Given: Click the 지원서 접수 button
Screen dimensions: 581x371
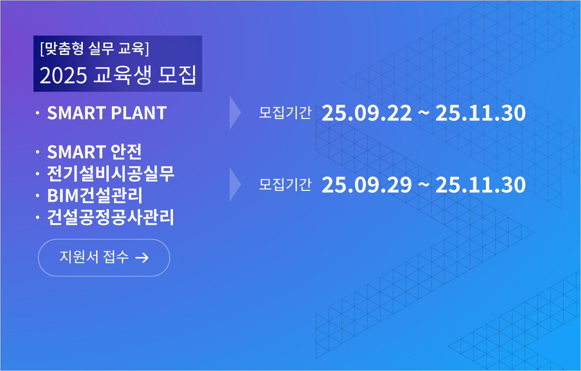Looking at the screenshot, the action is pos(104,258).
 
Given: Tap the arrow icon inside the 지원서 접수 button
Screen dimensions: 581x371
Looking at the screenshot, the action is pos(142,258).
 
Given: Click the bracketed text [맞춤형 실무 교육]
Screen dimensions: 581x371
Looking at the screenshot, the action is pos(95,49).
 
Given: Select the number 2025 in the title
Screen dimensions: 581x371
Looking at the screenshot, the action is pos(63,76).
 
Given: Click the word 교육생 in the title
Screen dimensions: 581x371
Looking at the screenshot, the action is pos(122,75).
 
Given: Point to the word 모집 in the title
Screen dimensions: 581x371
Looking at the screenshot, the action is pos(177,75).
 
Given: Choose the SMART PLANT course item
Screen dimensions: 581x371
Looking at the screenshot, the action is pos(107,113).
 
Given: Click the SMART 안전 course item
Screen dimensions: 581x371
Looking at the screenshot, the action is pos(94,152).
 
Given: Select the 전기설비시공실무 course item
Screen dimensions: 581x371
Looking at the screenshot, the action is pos(110,173).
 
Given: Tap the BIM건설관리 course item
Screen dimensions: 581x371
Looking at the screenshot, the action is pos(95,195).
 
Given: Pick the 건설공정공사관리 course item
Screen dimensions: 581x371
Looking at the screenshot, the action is pos(110,217).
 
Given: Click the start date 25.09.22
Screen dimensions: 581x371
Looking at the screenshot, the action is pos(367,113).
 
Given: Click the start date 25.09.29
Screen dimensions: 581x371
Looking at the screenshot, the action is pos(367,185).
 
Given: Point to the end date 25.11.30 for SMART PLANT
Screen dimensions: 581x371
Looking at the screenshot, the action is pos(481,113).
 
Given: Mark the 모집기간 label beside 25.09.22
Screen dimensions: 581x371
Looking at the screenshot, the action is pos(285,113).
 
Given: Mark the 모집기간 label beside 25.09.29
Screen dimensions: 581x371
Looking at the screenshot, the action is pos(285,185).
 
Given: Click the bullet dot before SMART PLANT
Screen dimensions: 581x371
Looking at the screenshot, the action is pos(38,113).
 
